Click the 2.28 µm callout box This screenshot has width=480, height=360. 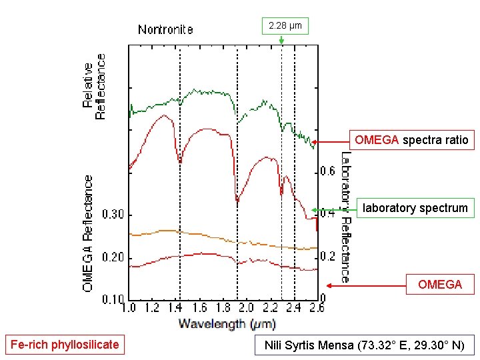pyautogui.click(x=285, y=26)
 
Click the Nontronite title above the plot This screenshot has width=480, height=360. pyautogui.click(x=165, y=29)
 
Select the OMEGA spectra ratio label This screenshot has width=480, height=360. pyautogui.click(x=411, y=140)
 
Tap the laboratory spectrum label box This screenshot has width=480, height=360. pyautogui.click(x=415, y=208)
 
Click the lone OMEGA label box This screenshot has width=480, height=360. pyautogui.click(x=439, y=285)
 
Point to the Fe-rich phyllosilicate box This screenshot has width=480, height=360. pyautogui.click(x=64, y=345)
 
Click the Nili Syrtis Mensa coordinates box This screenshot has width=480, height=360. pyautogui.click(x=365, y=345)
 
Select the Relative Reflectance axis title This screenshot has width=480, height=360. pyautogui.click(x=94, y=87)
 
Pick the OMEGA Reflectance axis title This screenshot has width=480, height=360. pyautogui.click(x=87, y=233)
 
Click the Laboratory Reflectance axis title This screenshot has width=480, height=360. pyautogui.click(x=345, y=217)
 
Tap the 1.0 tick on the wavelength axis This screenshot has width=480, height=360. pyautogui.click(x=129, y=308)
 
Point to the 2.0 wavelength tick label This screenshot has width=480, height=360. pyautogui.click(x=246, y=308)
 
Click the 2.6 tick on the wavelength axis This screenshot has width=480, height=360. pyautogui.click(x=317, y=308)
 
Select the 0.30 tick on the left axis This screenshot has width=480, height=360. pyautogui.click(x=113, y=215)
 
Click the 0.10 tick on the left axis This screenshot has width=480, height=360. pyautogui.click(x=113, y=300)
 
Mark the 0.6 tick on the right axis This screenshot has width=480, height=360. pyautogui.click(x=328, y=171)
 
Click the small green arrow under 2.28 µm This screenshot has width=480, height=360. pyautogui.click(x=281, y=40)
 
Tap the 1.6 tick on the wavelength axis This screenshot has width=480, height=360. pyautogui.click(x=199, y=308)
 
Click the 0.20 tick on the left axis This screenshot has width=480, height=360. pyautogui.click(x=113, y=258)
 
